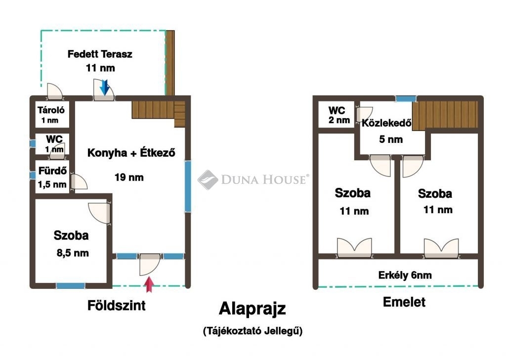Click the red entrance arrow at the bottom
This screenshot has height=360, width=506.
[149, 284]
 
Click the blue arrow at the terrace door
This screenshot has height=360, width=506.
[104, 88]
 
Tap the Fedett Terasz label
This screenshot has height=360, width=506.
[100, 54]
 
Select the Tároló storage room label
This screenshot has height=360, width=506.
[51, 110]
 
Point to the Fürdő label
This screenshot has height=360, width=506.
[52, 171]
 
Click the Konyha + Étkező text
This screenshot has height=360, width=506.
[131, 152]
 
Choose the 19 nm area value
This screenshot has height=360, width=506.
[129, 177]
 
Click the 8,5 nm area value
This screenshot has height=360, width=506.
[73, 253]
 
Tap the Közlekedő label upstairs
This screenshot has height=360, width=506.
[386, 123]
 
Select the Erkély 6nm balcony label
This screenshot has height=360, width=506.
[405, 275]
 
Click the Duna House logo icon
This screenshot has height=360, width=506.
[208, 180]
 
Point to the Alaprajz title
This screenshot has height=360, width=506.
[253, 309]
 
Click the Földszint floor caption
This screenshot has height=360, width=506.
[117, 305]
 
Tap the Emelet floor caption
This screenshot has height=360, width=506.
[404, 302]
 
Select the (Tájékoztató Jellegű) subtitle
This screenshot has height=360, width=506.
[253, 331]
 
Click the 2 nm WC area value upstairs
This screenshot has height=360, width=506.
[339, 120]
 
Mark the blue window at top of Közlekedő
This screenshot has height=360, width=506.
[406, 99]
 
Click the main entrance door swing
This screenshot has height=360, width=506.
[149, 265]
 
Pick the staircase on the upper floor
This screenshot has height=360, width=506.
[445, 116]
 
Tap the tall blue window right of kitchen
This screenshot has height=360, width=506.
[188, 186]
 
